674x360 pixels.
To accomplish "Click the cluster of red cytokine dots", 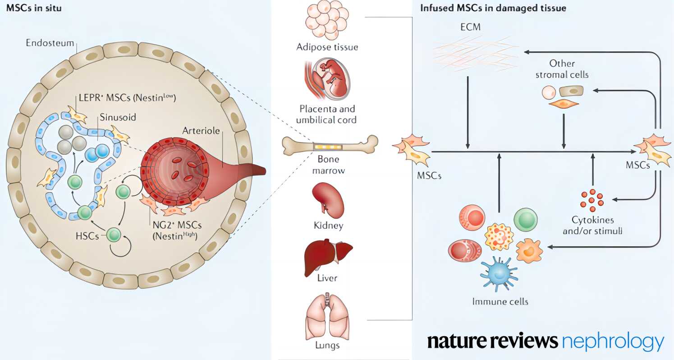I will pyautogui.click(x=592, y=200).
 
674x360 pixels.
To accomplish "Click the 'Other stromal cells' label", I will pyautogui.click(x=562, y=69).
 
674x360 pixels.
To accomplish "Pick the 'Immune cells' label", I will pyautogui.click(x=500, y=301).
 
